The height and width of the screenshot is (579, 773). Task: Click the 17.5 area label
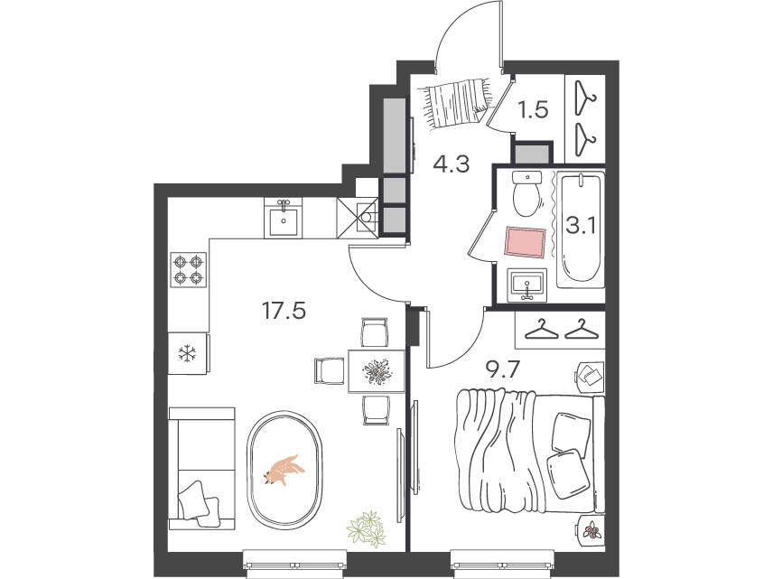[284, 312]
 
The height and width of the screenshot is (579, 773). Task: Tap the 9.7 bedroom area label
[503, 369]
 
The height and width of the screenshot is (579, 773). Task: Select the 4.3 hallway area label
[452, 163]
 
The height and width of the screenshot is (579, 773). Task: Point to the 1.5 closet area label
[534, 109]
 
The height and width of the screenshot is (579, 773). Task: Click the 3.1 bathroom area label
[582, 227]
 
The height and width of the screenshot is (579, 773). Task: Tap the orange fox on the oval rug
[284, 470]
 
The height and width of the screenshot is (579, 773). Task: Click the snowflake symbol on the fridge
[187, 353]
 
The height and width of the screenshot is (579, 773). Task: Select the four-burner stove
[189, 269]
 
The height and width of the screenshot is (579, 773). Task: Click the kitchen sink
[283, 219]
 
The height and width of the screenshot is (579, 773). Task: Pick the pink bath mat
[525, 242]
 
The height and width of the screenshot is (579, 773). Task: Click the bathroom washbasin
[527, 285]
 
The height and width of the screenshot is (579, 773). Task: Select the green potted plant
[367, 528]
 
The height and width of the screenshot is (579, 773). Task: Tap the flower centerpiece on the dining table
[377, 372]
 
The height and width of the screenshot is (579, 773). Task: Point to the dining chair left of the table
[329, 371]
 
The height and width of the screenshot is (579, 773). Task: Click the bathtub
[581, 229]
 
